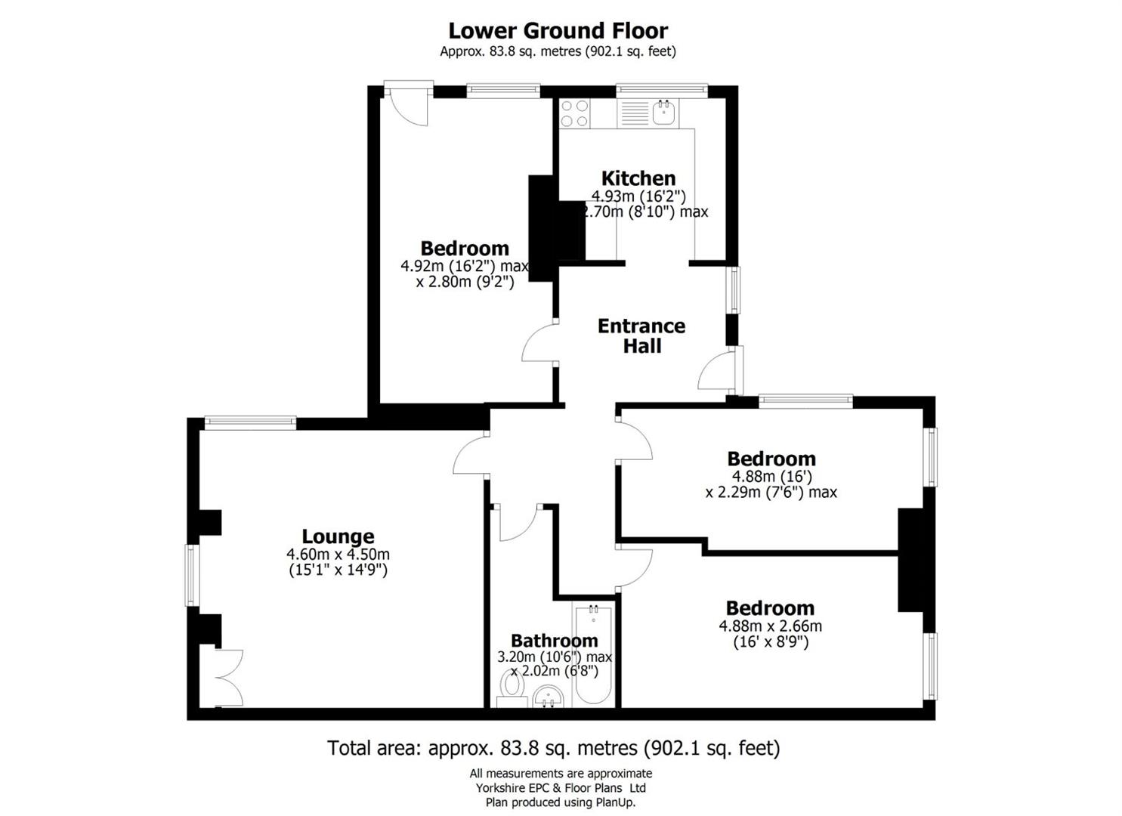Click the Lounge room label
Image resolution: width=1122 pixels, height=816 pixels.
click(338, 536)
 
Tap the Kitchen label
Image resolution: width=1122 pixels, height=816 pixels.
click(638, 178)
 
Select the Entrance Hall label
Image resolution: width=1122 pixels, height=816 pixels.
click(641, 335)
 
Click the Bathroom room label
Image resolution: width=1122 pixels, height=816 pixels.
click(554, 641)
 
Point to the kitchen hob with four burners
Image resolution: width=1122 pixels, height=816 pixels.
click(574, 113)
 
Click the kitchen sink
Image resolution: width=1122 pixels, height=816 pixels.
click(663, 113)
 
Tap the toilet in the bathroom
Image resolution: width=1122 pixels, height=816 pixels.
click(513, 687)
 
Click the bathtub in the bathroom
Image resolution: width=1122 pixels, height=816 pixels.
click(594, 654)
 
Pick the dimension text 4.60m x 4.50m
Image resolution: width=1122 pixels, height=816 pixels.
click(338, 555)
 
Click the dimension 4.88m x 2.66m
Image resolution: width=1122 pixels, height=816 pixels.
click(770, 626)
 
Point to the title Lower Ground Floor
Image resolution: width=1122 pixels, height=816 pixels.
click(558, 31)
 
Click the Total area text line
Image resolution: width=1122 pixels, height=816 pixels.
click(553, 748)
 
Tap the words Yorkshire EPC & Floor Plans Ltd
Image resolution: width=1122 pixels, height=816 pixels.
click(560, 788)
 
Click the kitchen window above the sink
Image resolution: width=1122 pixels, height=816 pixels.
click(661, 91)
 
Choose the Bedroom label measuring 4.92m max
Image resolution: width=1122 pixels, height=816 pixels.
click(464, 249)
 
